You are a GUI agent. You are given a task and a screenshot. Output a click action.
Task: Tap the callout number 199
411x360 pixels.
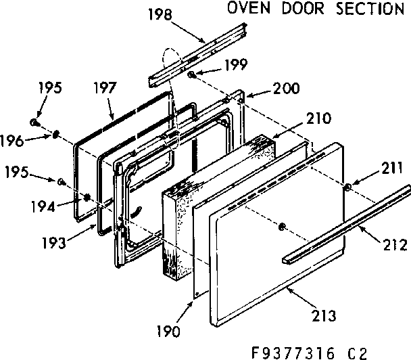236,65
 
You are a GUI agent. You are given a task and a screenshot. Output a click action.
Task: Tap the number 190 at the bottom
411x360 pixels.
166,332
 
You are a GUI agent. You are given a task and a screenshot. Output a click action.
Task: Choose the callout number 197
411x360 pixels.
105,89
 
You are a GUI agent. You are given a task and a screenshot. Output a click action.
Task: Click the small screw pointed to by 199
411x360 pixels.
192,73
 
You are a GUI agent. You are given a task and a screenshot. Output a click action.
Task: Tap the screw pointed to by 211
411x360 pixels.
346,187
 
